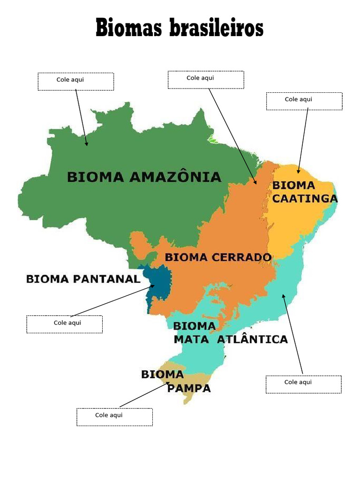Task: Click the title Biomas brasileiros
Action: [180, 28]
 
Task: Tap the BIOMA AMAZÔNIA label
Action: [144, 177]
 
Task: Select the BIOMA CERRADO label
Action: [218, 257]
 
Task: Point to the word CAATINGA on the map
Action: [305, 199]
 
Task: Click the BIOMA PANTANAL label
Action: [83, 279]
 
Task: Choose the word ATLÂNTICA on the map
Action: [253, 339]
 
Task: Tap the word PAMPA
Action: [189, 388]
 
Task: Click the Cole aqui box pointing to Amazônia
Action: [75, 81]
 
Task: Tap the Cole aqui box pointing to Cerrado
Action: [206, 79]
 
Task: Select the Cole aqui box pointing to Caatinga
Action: [304, 101]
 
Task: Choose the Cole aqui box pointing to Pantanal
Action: [64, 324]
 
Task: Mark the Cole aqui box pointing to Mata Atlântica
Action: [303, 384]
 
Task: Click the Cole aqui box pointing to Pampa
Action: [114, 417]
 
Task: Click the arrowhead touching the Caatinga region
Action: [298, 172]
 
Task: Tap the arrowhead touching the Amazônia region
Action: [86, 143]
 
